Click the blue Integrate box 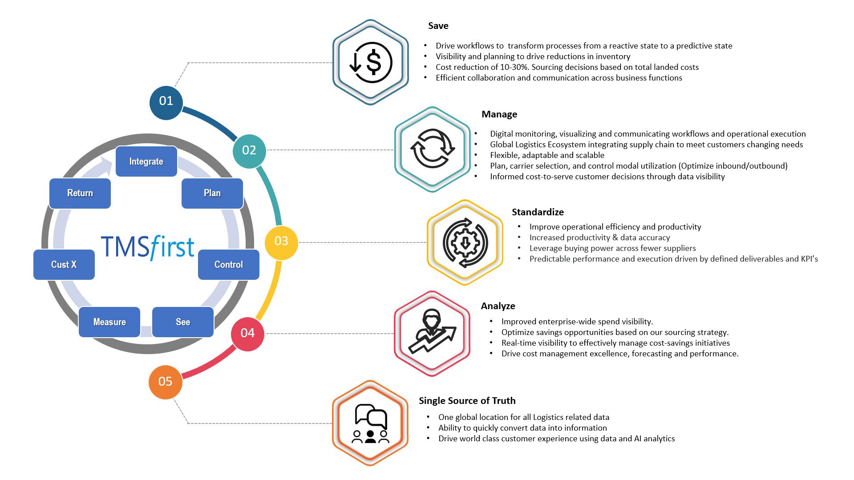[146, 161]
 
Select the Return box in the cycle [80, 193]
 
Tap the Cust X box [64, 265]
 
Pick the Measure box [109, 322]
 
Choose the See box [183, 322]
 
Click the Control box [228, 265]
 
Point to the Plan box [212, 193]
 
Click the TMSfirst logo [148, 247]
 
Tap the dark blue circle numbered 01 [166, 101]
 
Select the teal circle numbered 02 [249, 150]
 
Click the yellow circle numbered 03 [281, 242]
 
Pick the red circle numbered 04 [247, 333]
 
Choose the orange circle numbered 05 [165, 382]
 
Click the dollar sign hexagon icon [370, 62]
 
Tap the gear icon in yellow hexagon [465, 242]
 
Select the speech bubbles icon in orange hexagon [370, 423]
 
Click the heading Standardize [538, 212]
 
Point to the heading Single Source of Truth [467, 401]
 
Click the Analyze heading [498, 306]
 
